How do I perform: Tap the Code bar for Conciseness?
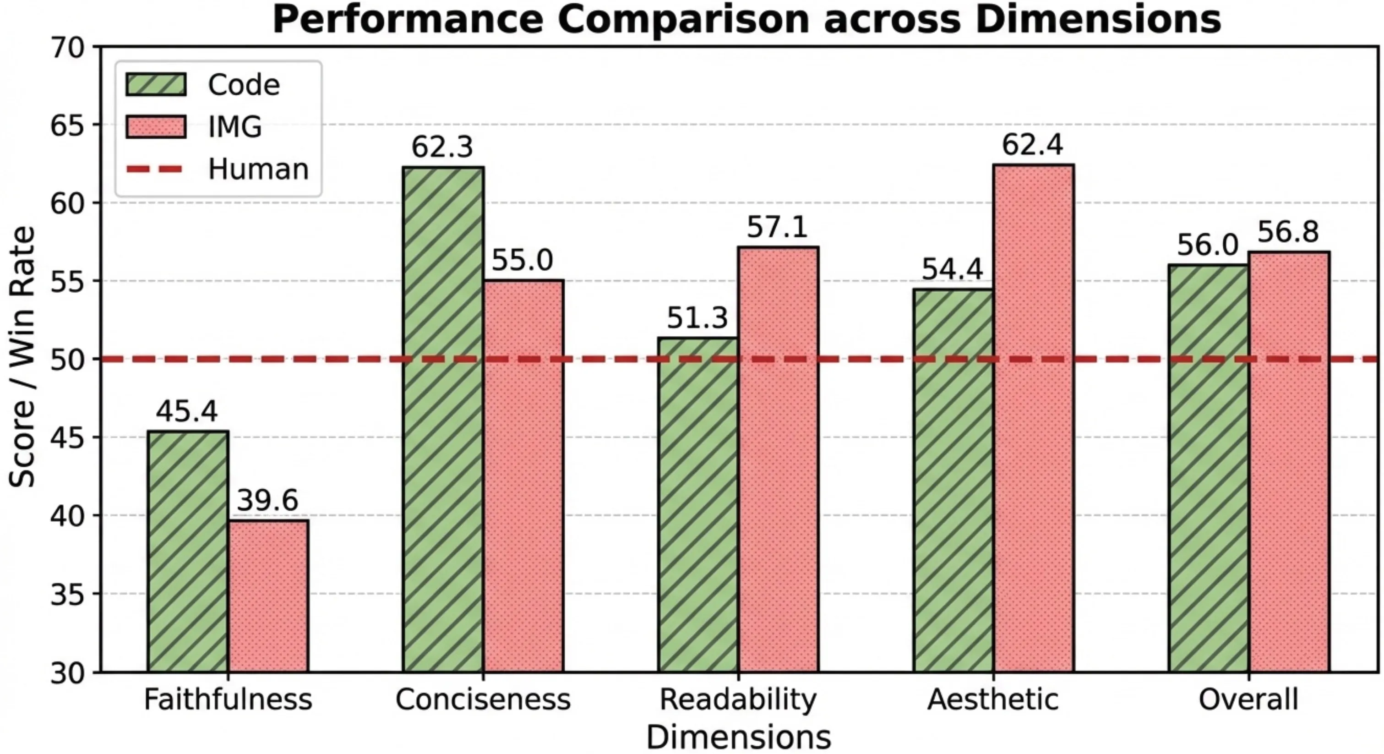click(x=443, y=419)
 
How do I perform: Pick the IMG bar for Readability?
click(x=778, y=459)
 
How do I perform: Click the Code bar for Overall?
click(x=1208, y=468)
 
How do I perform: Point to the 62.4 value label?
click(x=1033, y=145)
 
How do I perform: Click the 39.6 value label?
click(x=267, y=500)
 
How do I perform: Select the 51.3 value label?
click(x=697, y=318)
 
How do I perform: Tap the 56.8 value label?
click(x=1288, y=232)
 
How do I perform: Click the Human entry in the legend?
click(x=258, y=169)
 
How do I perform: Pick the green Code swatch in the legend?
click(x=156, y=85)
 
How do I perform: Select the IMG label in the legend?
click(x=235, y=127)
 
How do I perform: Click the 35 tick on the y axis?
click(x=68, y=595)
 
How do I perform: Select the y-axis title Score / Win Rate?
click(x=22, y=357)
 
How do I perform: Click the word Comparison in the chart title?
click(x=683, y=20)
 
